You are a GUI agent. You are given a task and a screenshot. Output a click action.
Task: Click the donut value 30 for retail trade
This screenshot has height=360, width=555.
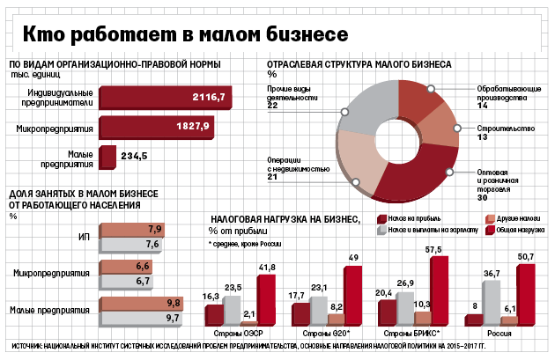[x=482, y=199]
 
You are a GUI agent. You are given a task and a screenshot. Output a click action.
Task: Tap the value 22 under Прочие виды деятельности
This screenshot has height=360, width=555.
[x=273, y=106]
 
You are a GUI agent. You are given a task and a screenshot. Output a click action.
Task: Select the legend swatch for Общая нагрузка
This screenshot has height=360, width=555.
[x=490, y=231]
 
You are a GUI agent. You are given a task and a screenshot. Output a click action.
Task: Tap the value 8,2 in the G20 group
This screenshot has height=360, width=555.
[x=337, y=308]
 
